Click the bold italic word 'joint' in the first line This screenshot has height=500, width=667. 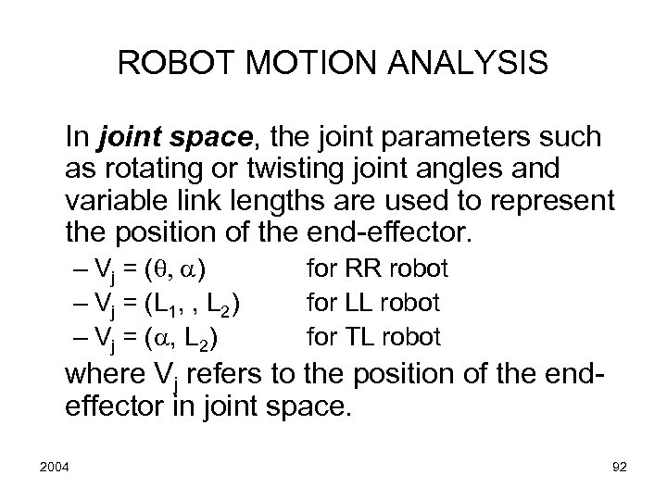pos(123,139)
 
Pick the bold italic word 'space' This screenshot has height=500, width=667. pos(210,139)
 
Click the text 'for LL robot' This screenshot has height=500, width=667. pos(373,303)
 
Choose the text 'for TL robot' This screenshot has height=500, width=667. pos(373,335)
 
